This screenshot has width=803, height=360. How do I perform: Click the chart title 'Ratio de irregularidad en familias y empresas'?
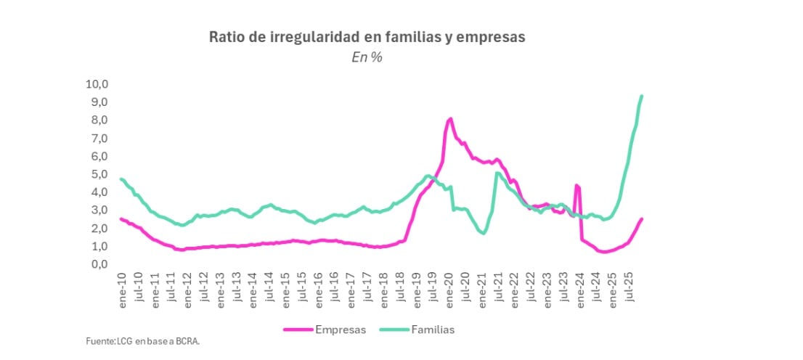366,37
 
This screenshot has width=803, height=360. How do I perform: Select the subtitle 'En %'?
367,58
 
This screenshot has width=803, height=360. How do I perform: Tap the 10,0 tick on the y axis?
97,84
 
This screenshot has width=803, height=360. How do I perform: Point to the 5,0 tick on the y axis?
99,174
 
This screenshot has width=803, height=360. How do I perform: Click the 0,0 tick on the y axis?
99,264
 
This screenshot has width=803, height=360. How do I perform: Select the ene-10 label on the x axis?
122,288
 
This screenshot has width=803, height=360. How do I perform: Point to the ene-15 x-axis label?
285,288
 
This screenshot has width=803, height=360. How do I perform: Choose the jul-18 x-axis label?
400,288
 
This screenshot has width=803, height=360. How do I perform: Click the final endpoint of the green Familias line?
641,96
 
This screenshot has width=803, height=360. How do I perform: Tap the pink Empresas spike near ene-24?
576,186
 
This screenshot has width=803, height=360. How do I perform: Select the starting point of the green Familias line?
121,179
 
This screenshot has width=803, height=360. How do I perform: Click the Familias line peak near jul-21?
497,173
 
